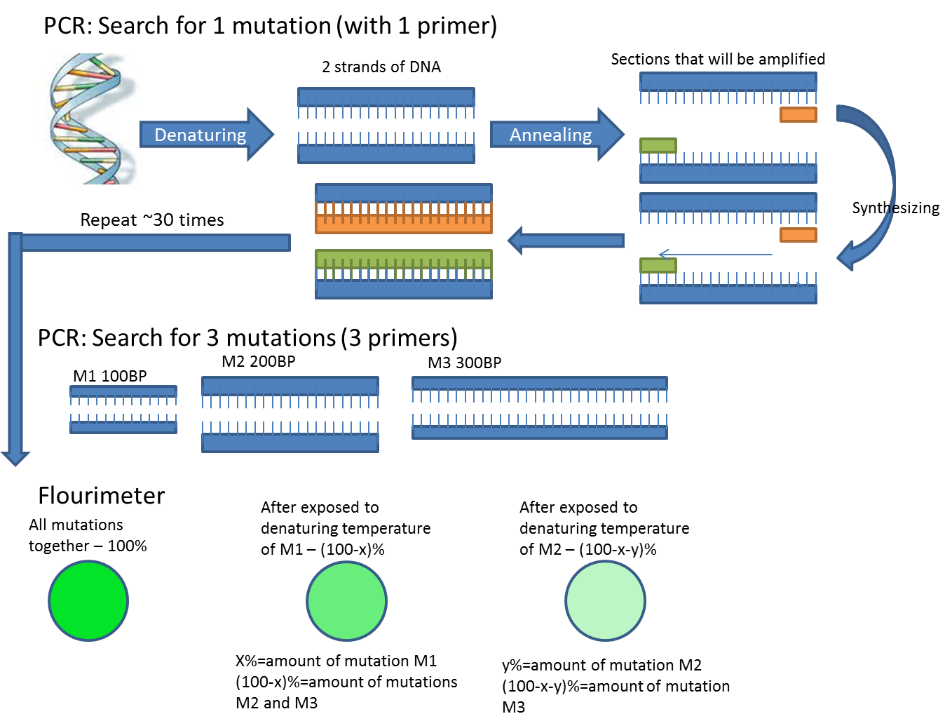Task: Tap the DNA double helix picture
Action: tap(84, 119)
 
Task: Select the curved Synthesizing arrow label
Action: tap(895, 208)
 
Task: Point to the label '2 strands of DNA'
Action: tap(381, 67)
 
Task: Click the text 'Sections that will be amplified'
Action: tap(718, 60)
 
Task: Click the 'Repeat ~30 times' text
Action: tap(152, 220)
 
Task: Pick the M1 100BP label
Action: tap(110, 376)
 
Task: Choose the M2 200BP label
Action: tap(259, 362)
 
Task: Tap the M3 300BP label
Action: tap(465, 363)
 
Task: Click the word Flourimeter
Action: tap(102, 496)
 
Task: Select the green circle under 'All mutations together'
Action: tap(88, 601)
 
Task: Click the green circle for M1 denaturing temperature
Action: tap(347, 601)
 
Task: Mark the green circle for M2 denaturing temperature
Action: tap(605, 601)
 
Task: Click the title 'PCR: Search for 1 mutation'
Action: tap(270, 26)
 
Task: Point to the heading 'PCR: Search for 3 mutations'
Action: tap(247, 338)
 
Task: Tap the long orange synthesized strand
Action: tap(404, 223)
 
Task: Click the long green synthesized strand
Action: tap(404, 259)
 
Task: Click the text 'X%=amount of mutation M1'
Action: tap(336, 661)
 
